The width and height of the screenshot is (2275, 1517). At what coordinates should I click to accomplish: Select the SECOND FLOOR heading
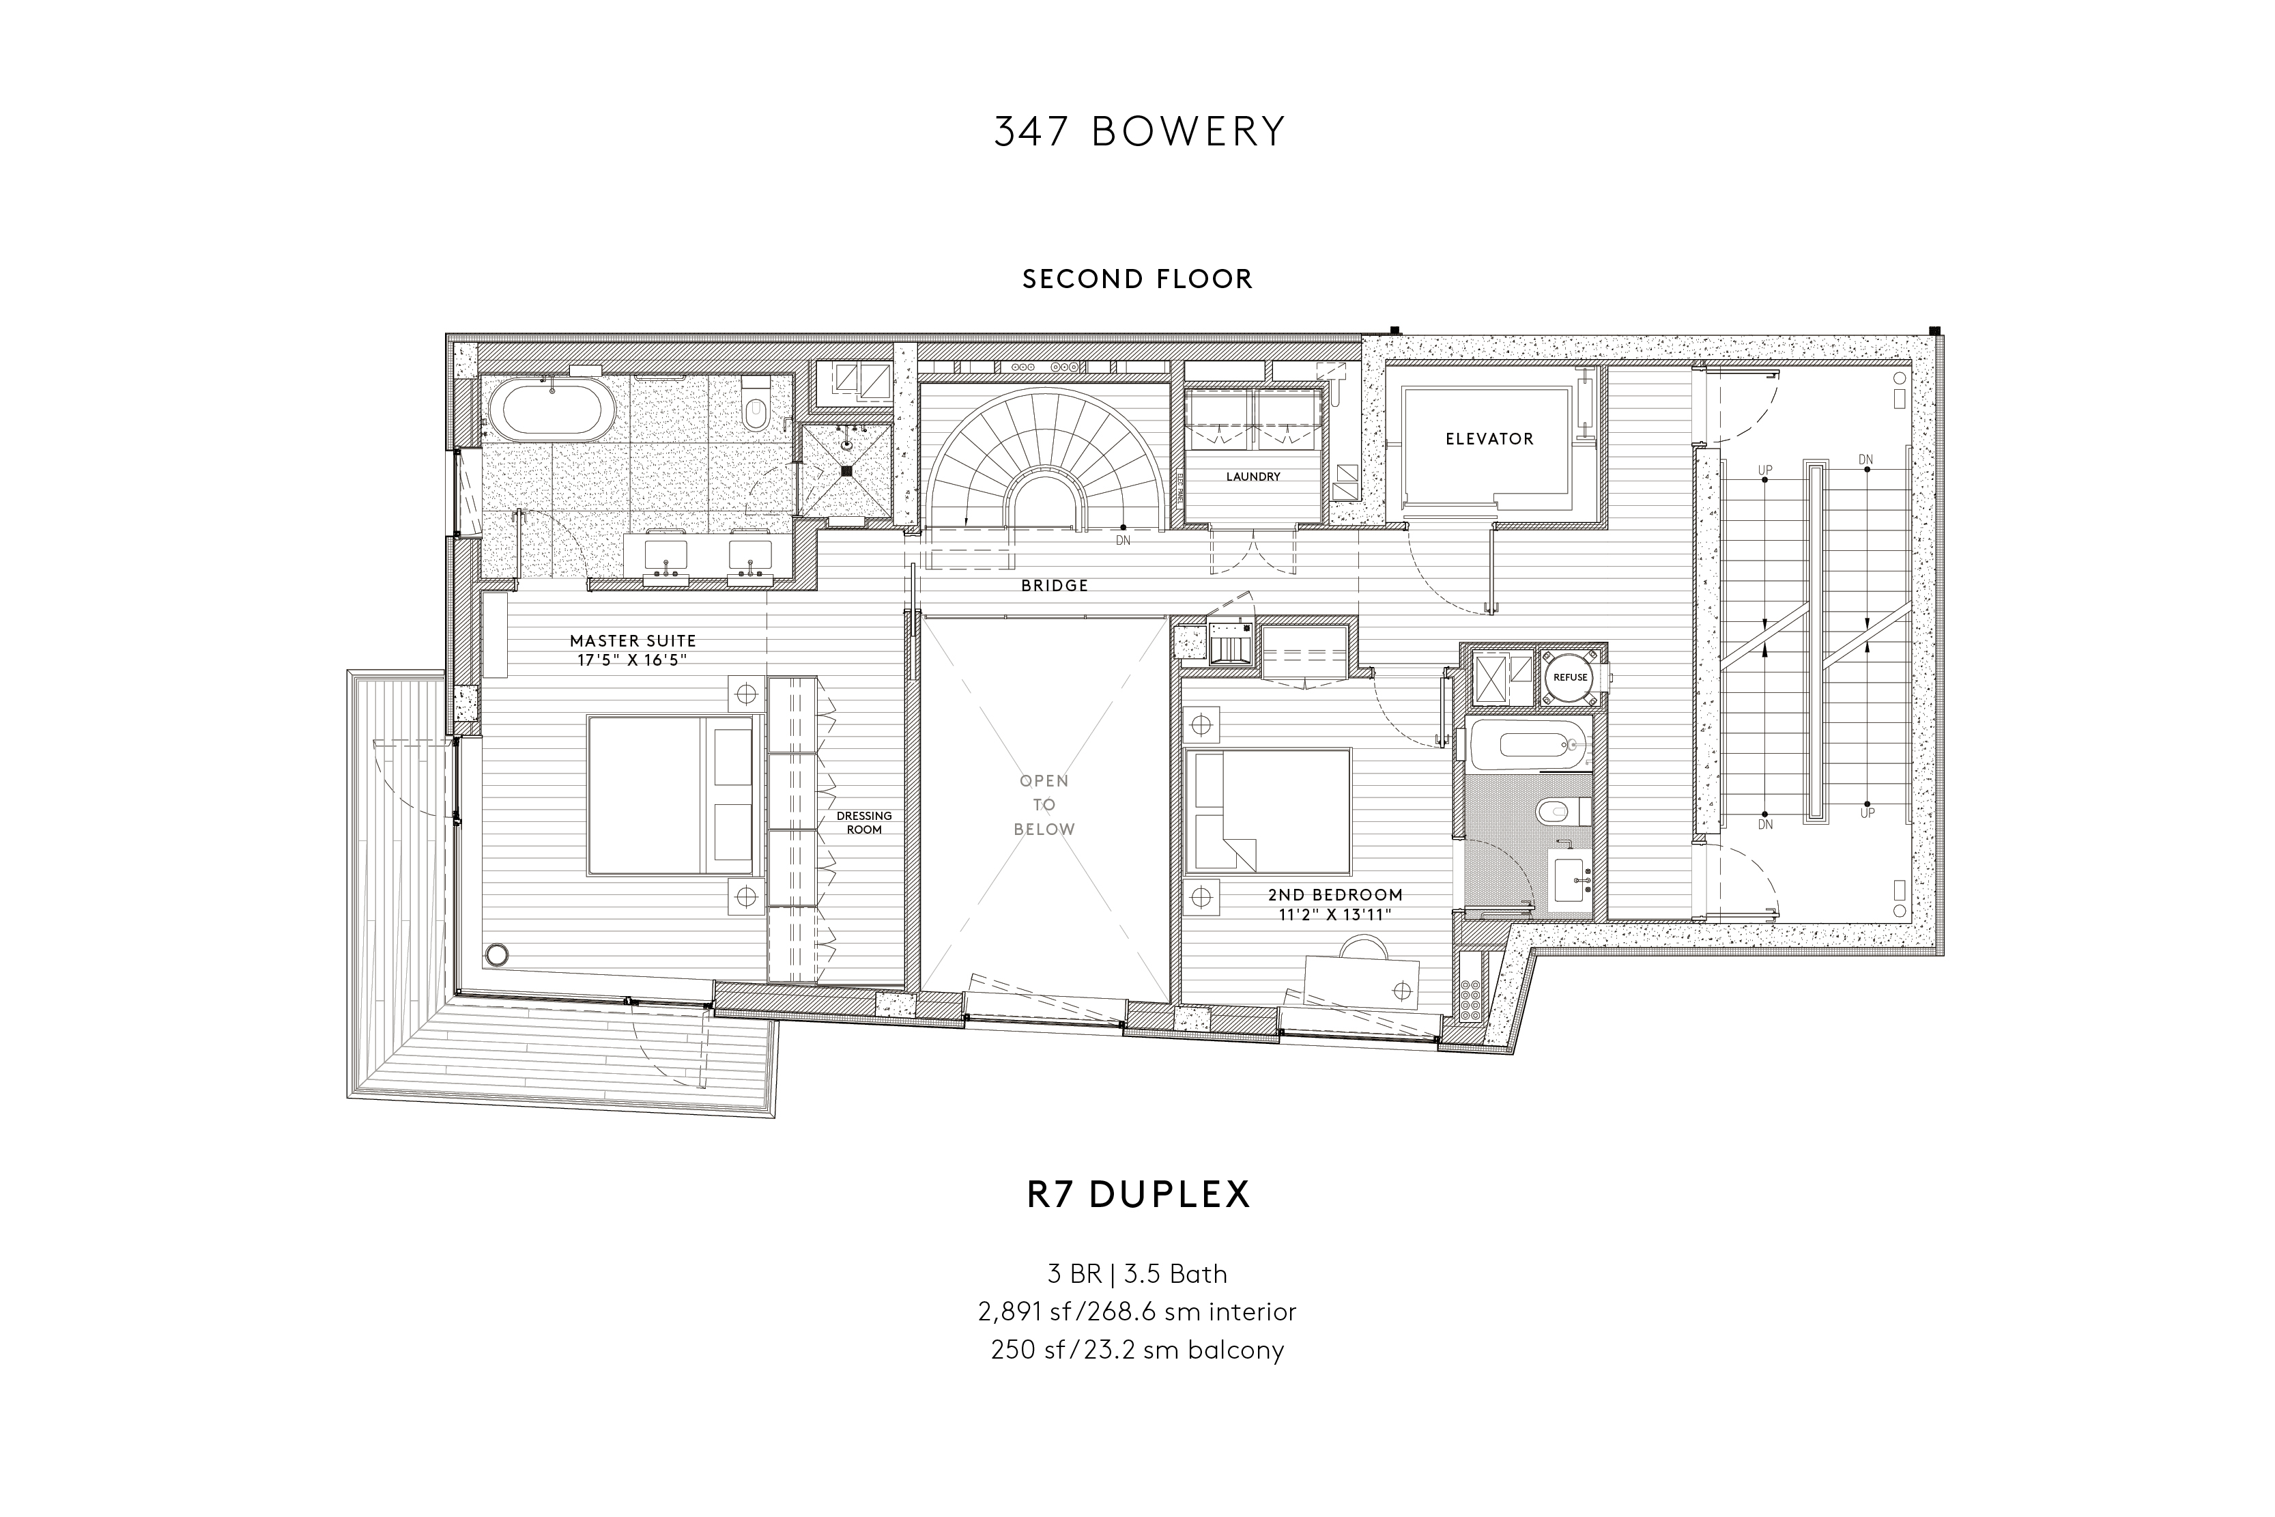click(1136, 280)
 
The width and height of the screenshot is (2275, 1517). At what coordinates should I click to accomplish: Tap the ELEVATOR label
click(1489, 439)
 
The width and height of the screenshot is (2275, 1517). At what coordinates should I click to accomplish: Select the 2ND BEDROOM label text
click(1335, 895)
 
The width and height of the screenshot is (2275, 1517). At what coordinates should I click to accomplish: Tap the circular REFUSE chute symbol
click(1570, 677)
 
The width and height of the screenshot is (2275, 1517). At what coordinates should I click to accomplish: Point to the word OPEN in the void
click(1044, 781)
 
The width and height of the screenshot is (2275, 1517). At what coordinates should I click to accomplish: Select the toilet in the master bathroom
click(756, 409)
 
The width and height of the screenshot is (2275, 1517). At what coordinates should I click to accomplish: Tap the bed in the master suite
click(670, 795)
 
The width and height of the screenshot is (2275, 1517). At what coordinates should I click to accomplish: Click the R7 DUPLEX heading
click(1139, 1195)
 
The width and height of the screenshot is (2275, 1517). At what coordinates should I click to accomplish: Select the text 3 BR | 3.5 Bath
click(1136, 1274)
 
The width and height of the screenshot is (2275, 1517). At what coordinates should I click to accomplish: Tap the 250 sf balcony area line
click(1136, 1350)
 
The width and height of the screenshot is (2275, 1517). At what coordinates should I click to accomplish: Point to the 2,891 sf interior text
click(1136, 1313)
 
